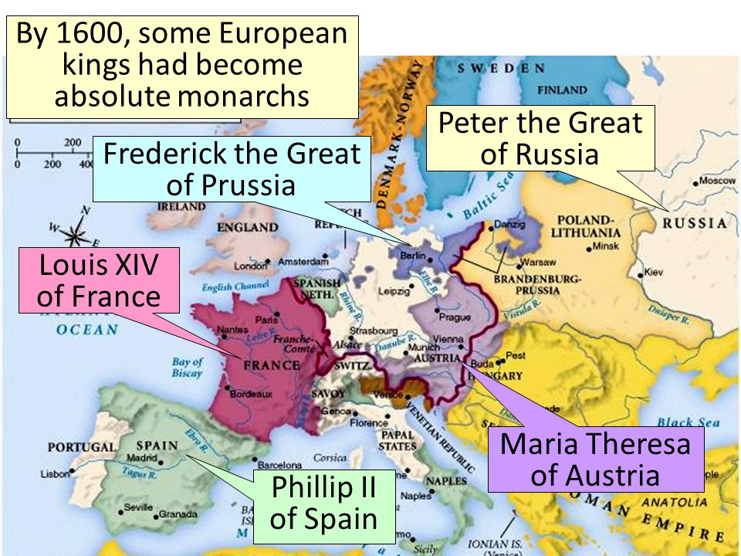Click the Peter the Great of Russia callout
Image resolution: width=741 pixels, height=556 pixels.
point(540,138)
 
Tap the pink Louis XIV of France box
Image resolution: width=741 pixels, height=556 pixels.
point(98,280)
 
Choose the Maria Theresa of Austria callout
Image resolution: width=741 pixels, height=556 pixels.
point(594,459)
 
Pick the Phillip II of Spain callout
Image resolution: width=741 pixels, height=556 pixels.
point(323,503)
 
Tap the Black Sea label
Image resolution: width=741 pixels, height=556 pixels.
point(689,422)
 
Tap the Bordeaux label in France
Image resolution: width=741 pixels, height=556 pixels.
point(251,394)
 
